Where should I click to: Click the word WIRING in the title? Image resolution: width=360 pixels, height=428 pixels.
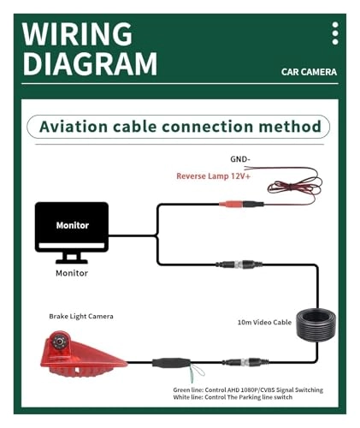pyautogui.click(x=77, y=33)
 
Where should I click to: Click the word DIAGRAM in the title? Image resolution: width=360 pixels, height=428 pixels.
pyautogui.click(x=90, y=63)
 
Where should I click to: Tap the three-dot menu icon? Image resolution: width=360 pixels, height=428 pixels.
pyautogui.click(x=334, y=33)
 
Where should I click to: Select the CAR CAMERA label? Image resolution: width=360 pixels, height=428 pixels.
pyautogui.click(x=309, y=73)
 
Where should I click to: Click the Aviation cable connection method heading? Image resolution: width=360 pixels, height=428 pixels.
pyautogui.click(x=180, y=127)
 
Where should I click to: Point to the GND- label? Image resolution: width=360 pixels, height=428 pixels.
pyautogui.click(x=240, y=160)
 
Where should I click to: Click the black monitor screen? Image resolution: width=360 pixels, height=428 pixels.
pyautogui.click(x=72, y=226)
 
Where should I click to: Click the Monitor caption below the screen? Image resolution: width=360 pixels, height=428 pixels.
pyautogui.click(x=72, y=272)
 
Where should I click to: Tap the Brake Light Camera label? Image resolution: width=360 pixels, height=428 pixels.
pyautogui.click(x=81, y=316)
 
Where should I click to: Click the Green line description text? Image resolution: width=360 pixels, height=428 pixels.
pyautogui.click(x=247, y=389)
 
